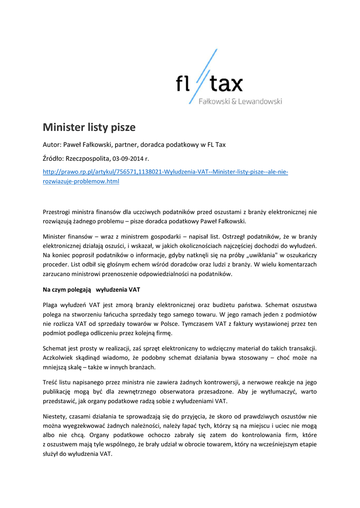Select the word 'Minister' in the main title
64,127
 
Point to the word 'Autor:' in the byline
52,145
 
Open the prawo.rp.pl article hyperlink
165,172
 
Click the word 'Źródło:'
54,159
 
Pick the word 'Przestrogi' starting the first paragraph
57,212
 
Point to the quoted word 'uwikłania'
261,255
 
